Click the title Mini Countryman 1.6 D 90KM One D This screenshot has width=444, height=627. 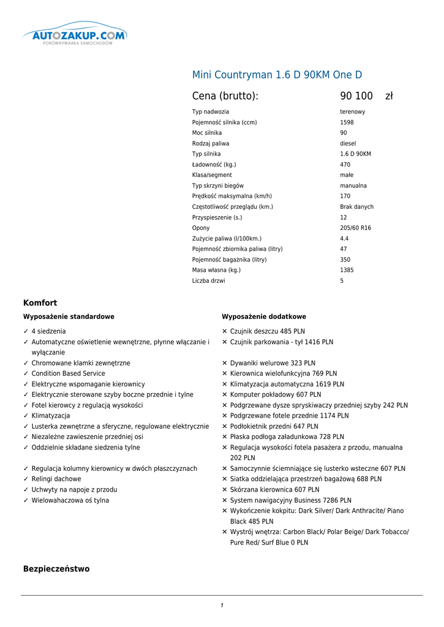[277, 75]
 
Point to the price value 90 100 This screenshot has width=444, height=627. [356, 96]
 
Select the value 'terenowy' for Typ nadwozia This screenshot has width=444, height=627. [352, 112]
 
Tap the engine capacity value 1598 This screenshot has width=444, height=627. [347, 122]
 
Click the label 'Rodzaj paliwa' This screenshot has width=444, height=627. [211, 143]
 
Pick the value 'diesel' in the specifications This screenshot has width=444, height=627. [348, 143]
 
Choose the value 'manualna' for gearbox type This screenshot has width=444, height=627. [353, 186]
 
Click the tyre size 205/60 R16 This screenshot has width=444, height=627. [355, 228]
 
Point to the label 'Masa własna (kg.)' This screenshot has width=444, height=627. [216, 270]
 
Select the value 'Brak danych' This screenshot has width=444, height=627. [356, 207]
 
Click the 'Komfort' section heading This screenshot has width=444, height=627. [40, 303]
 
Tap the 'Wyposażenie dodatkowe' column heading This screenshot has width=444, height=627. [264, 317]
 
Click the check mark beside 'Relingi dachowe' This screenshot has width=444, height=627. [26, 479]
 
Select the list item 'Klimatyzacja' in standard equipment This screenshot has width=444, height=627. [51, 416]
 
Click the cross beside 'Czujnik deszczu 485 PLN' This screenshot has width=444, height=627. [225, 331]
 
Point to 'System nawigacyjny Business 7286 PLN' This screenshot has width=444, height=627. [290, 500]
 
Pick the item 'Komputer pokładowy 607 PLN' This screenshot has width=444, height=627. [276, 395]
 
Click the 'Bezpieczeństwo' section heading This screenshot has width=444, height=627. [56, 569]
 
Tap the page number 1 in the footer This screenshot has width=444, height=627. [222, 606]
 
